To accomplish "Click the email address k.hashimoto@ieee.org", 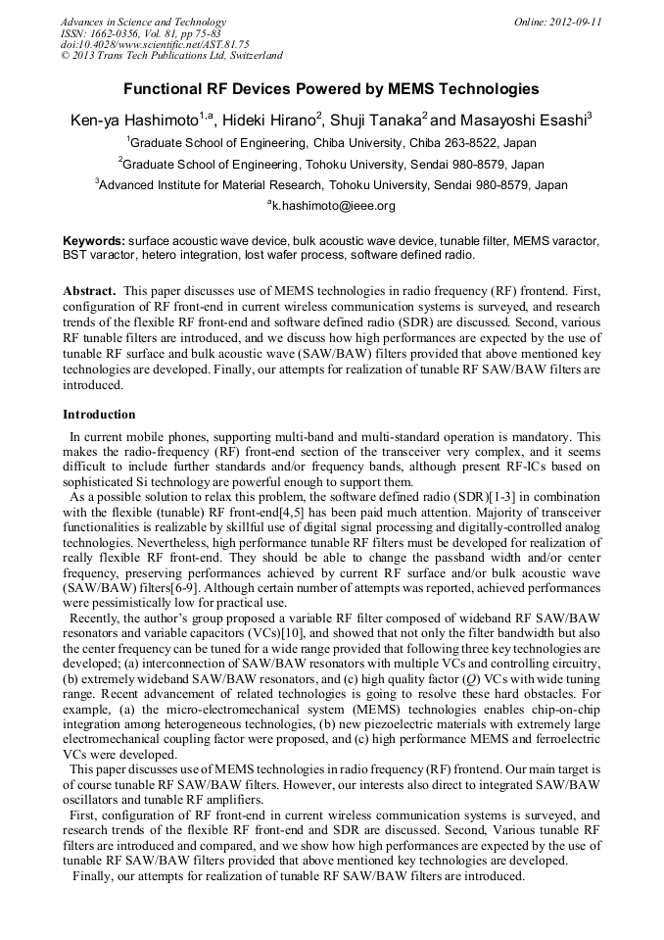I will [x=333, y=206].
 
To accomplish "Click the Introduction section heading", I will [x=99, y=415].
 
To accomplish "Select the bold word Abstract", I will [x=88, y=291].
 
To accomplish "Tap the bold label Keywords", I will [x=93, y=240].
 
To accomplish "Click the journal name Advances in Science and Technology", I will [x=143, y=22].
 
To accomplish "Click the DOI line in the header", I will [x=155, y=44].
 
